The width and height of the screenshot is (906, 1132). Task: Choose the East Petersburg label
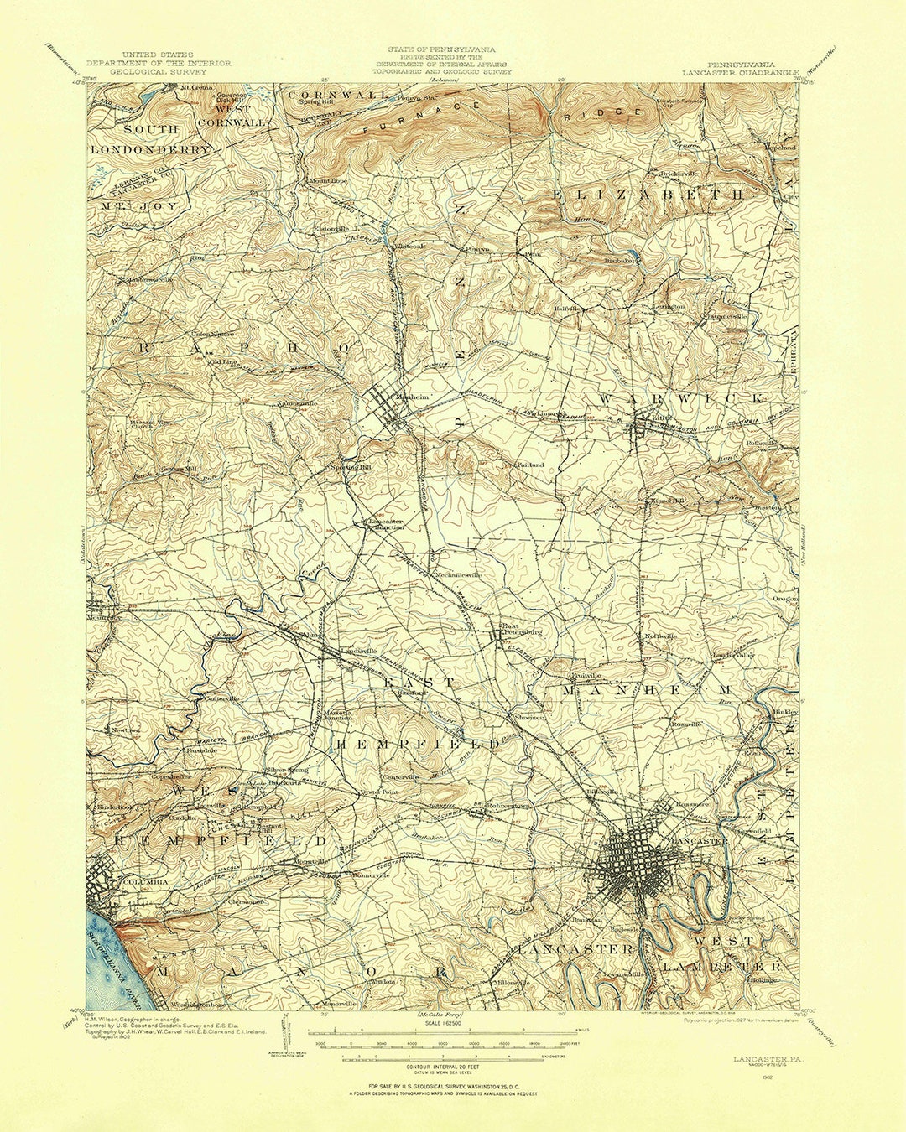(x=521, y=628)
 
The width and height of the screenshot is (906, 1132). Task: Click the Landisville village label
(x=358, y=651)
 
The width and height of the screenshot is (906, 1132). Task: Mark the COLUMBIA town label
(x=144, y=882)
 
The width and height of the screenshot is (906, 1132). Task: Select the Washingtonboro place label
(x=198, y=1004)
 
